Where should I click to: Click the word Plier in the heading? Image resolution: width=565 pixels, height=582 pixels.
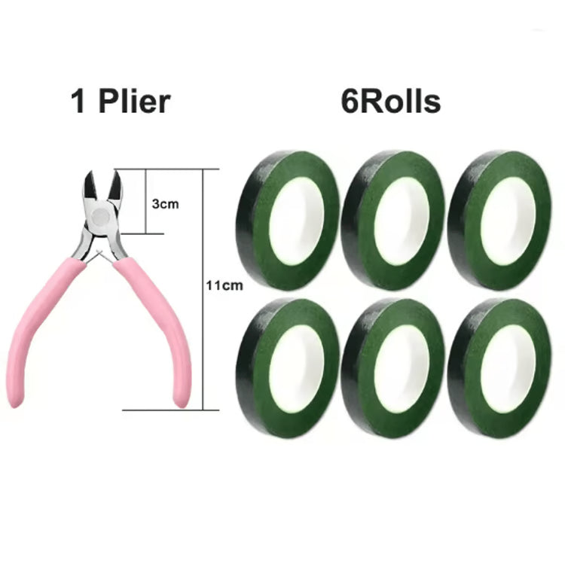tap(135, 102)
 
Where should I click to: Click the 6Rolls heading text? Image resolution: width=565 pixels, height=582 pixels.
tap(391, 102)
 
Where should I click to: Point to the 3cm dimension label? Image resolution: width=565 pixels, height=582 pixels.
tap(165, 204)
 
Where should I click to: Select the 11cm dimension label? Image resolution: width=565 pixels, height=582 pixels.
tap(224, 285)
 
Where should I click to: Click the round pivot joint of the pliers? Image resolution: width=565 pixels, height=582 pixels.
tap(101, 217)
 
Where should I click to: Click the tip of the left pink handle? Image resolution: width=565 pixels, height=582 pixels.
tap(15, 403)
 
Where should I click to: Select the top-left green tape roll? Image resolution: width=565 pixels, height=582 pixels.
tap(288, 221)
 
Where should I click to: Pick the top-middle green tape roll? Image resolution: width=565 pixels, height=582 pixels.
tap(392, 221)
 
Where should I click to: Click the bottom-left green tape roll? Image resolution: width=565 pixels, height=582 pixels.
tap(288, 367)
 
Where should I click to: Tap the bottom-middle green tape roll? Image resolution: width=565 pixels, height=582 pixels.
tap(392, 367)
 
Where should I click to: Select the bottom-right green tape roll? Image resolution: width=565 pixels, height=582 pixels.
tap(499, 367)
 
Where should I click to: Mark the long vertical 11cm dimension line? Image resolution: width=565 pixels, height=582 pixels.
tap(203, 290)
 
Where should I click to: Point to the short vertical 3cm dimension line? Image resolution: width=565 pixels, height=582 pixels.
tap(146, 202)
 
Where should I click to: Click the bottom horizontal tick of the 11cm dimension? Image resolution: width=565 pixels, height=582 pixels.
tap(170, 410)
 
